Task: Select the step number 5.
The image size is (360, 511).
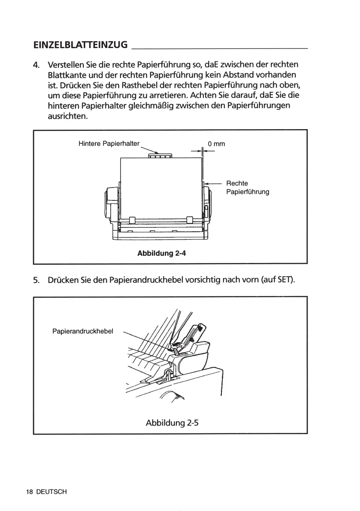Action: (36, 281)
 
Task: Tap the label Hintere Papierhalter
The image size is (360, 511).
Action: (109, 143)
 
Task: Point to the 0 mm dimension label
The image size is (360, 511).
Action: (216, 144)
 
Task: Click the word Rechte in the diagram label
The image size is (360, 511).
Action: (237, 183)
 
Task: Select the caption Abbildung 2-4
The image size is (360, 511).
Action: (161, 253)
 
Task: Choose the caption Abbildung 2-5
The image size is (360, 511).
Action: (172, 422)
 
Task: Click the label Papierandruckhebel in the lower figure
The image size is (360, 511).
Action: (82, 331)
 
